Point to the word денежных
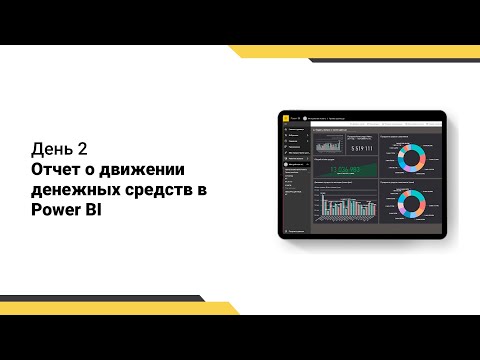pos(73,191)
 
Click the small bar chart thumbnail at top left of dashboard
pos(328,146)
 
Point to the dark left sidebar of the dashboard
pos(295,180)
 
